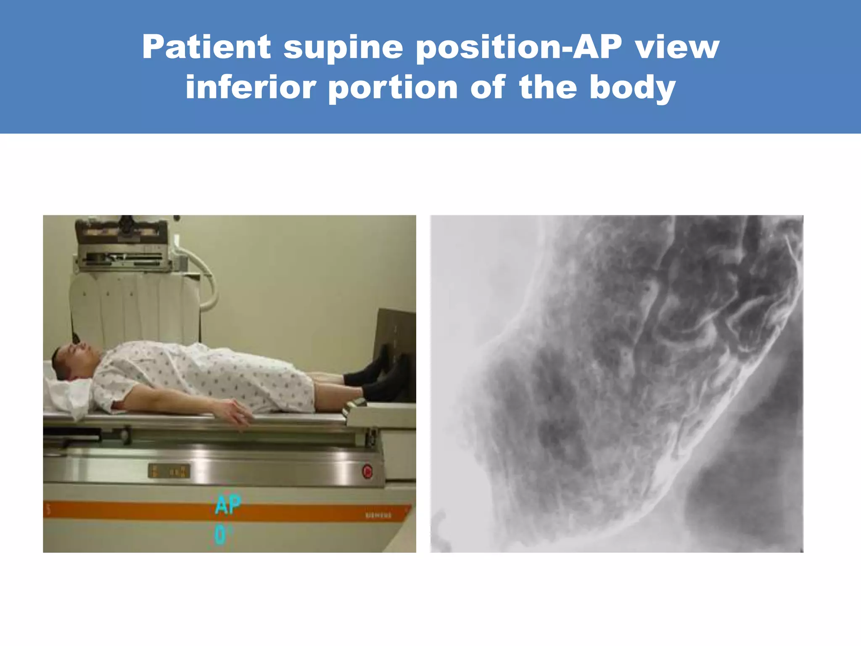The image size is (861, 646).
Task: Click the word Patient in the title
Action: [x=206, y=47]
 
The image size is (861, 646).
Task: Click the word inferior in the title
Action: [x=251, y=87]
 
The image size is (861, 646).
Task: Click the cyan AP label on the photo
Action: [x=228, y=505]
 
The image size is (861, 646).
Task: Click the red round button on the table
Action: [x=367, y=471]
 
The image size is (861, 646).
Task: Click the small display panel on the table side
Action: [x=169, y=471]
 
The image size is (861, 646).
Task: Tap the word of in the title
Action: [x=488, y=87]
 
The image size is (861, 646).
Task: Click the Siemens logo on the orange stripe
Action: [x=378, y=515]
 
